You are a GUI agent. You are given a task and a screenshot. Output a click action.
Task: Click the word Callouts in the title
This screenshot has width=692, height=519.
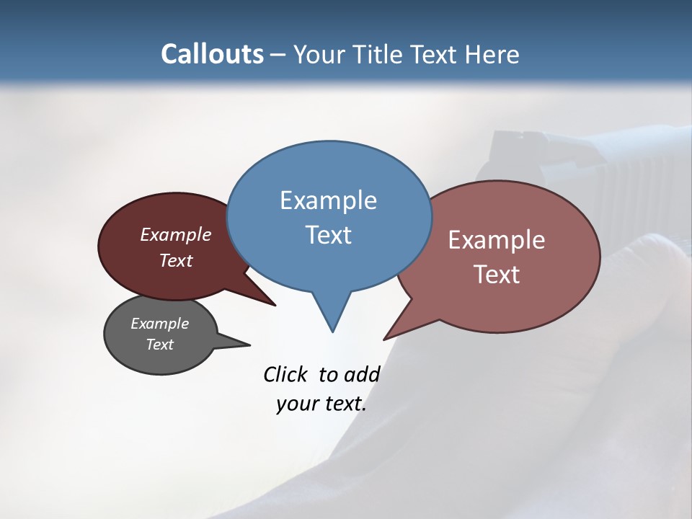click(212, 54)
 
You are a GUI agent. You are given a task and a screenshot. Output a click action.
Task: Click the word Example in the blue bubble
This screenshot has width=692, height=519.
click(328, 200)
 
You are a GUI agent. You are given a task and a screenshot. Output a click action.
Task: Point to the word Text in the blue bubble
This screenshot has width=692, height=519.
click(328, 235)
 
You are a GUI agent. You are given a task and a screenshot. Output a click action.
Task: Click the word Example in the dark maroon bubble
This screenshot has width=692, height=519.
click(176, 234)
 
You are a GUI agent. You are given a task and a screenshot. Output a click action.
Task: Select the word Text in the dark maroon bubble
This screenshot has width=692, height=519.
click(176, 260)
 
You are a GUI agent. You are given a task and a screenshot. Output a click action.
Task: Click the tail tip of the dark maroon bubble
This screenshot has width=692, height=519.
click(275, 305)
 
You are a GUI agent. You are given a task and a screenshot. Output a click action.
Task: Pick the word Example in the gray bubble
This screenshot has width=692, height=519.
click(160, 324)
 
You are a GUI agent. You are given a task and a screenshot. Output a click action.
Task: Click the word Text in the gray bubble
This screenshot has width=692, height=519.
click(160, 345)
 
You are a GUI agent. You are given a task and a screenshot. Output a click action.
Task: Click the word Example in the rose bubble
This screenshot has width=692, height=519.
click(497, 240)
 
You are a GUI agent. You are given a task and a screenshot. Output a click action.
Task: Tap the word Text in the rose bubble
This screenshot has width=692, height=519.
click(497, 275)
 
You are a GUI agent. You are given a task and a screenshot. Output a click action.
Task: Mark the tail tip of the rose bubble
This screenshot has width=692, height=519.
click(385, 339)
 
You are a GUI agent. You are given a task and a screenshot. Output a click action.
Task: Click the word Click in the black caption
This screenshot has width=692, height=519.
click(285, 375)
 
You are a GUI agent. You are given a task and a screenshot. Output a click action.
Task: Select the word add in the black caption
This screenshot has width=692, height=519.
click(362, 375)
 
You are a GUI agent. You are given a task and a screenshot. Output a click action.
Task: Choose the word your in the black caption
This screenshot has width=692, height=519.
click(296, 404)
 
